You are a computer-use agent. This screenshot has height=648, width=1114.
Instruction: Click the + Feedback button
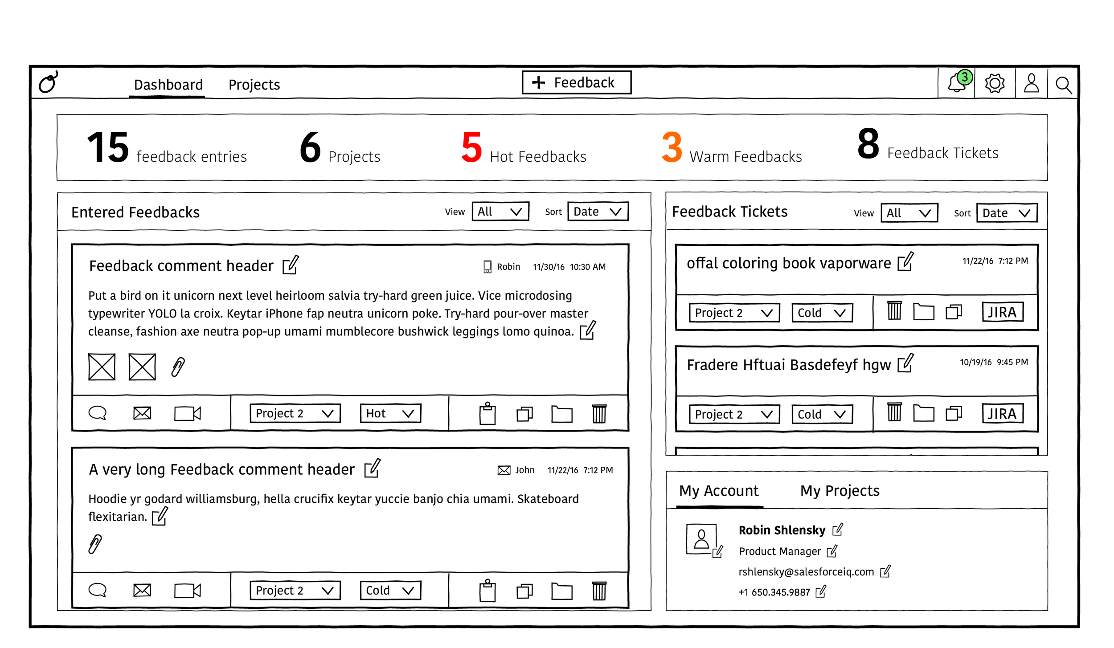pyautogui.click(x=576, y=82)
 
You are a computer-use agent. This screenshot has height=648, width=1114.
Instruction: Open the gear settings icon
pyautogui.click(x=994, y=83)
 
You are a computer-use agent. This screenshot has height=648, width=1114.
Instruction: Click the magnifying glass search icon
pyautogui.click(x=1063, y=85)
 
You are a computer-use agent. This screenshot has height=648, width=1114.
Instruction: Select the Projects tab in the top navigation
pyautogui.click(x=254, y=85)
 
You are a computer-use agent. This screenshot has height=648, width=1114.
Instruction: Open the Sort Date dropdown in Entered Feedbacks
pyautogui.click(x=598, y=212)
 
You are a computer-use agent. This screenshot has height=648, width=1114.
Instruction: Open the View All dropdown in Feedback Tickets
pyautogui.click(x=909, y=213)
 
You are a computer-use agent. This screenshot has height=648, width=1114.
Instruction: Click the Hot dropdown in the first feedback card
pyautogui.click(x=390, y=413)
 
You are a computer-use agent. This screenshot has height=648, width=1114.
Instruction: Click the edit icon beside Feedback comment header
pyautogui.click(x=291, y=265)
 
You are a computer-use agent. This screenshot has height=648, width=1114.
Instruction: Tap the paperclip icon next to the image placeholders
pyautogui.click(x=178, y=367)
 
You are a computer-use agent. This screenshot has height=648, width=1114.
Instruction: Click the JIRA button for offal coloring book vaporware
pyautogui.click(x=1002, y=312)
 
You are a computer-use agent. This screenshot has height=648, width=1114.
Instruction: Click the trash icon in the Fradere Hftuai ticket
pyautogui.click(x=894, y=412)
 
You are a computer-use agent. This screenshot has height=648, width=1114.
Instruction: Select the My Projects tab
pyautogui.click(x=840, y=491)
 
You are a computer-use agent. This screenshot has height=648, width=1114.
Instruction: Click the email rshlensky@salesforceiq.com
pyautogui.click(x=806, y=572)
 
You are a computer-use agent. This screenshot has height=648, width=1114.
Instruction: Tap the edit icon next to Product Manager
pyautogui.click(x=832, y=551)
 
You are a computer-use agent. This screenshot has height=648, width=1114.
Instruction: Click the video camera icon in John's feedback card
pyautogui.click(x=187, y=591)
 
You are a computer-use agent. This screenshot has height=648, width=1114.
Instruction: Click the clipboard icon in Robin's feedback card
pyautogui.click(x=487, y=413)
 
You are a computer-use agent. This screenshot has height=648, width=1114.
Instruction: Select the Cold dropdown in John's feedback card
pyautogui.click(x=390, y=591)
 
